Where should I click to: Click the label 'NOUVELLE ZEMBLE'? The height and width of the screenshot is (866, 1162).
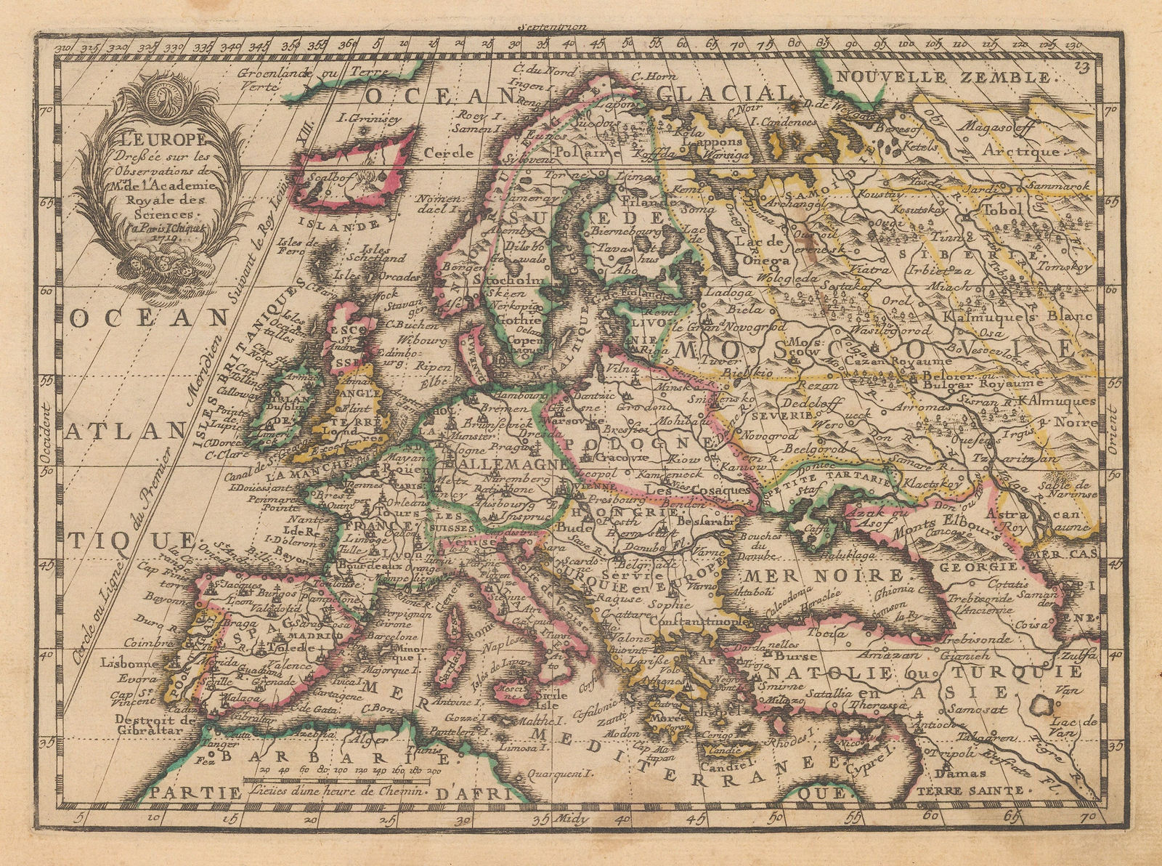pos(943,78)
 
